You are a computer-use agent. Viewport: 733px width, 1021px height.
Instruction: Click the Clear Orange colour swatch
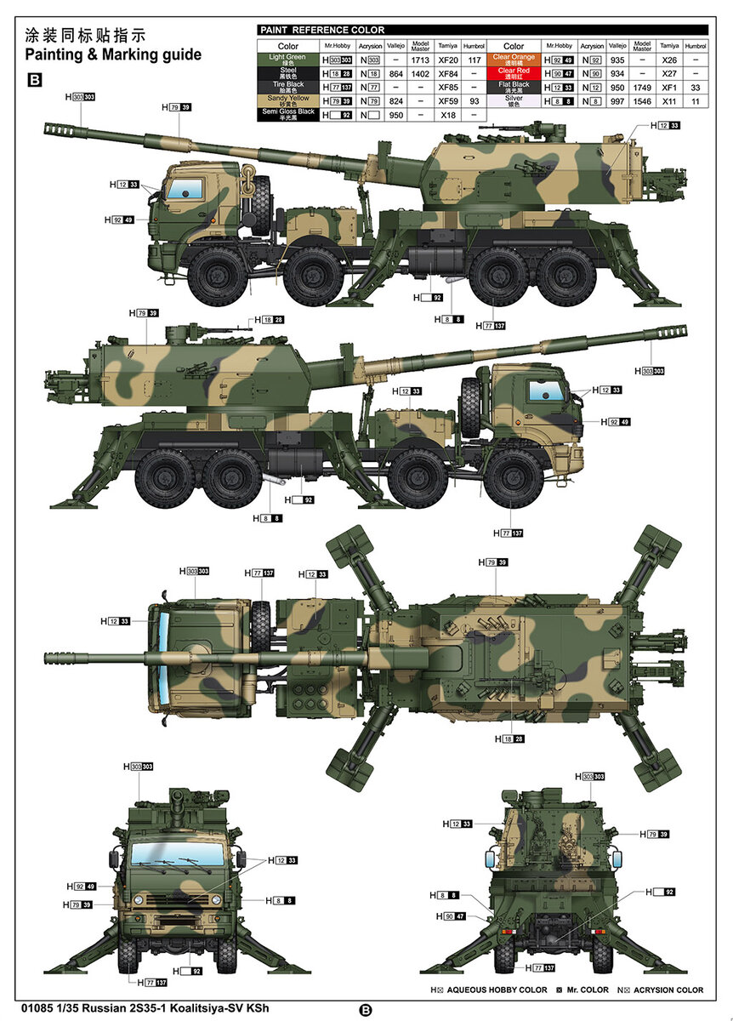tap(514, 60)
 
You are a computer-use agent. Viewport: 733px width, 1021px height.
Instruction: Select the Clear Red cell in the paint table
tap(514, 74)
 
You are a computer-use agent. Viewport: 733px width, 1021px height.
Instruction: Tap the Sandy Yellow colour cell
tap(288, 101)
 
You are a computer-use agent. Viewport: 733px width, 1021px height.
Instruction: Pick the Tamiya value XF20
tap(447, 60)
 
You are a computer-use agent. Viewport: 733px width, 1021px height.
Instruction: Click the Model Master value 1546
tap(643, 101)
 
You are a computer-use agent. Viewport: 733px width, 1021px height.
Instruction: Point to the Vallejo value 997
tap(617, 101)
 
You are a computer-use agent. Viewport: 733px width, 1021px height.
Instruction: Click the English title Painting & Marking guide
tap(113, 55)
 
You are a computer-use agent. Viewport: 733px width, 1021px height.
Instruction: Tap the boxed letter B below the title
tap(35, 79)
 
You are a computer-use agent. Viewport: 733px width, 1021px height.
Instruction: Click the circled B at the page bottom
tap(366, 1010)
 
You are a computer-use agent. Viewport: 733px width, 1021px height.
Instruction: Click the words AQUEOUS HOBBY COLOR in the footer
tap(497, 990)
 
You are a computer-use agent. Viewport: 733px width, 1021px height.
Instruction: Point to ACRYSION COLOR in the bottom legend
tap(667, 990)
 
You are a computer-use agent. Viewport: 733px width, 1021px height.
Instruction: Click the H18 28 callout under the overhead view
tap(514, 739)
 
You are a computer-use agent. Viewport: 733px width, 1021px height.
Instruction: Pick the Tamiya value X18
tap(447, 115)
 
